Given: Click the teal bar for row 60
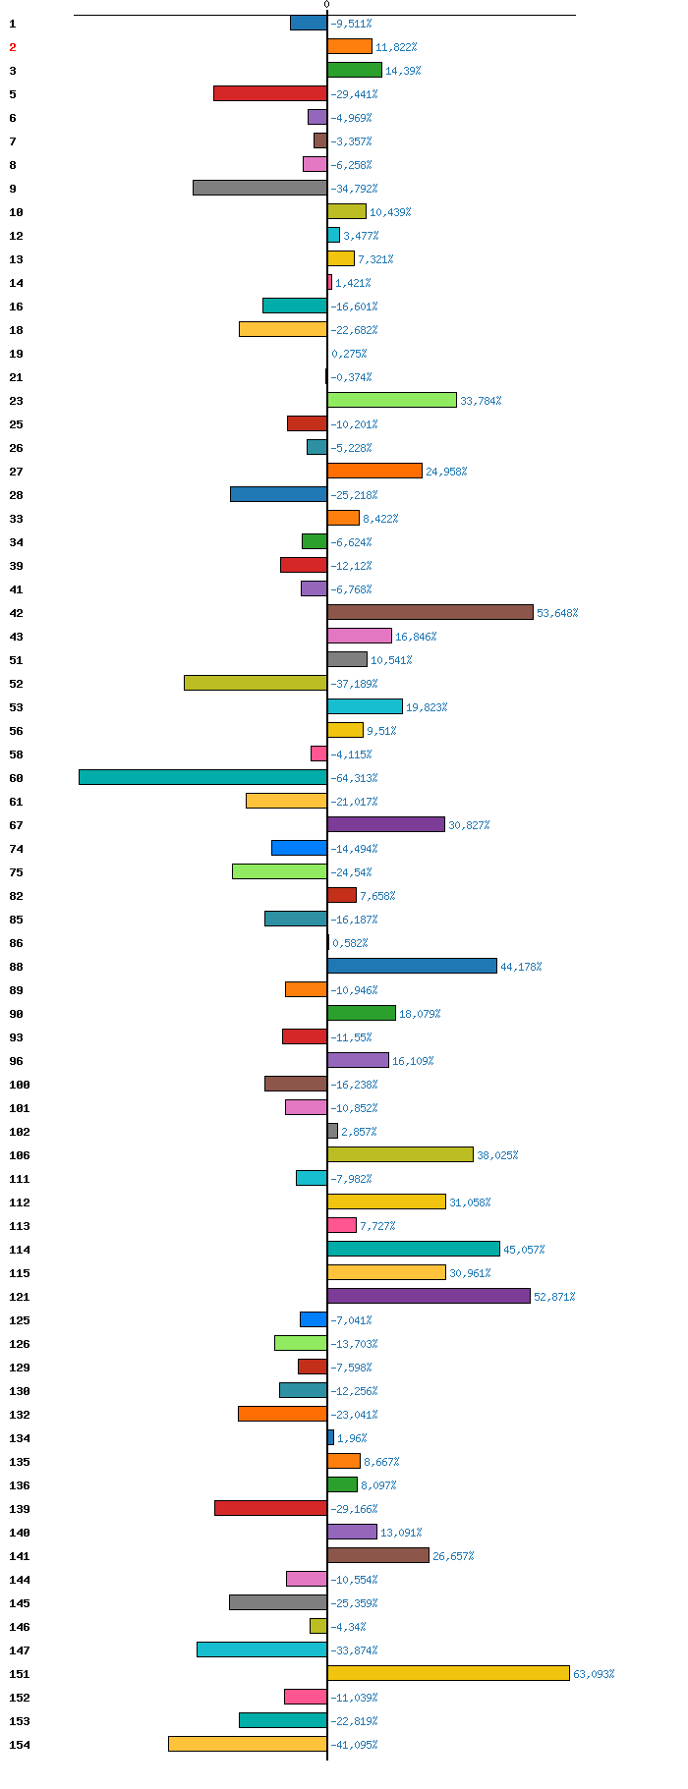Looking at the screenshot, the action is [x=202, y=777].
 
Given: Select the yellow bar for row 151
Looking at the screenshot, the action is [x=448, y=1673].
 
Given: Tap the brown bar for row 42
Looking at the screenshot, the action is [x=430, y=612].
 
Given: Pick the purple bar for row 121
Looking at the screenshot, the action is [x=429, y=1296].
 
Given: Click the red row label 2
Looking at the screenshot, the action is [x=13, y=47].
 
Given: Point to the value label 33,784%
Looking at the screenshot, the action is [x=481, y=401].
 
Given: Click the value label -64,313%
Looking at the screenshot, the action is [x=354, y=778].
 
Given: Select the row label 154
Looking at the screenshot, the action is [x=19, y=1745].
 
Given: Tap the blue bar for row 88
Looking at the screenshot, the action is [x=412, y=966].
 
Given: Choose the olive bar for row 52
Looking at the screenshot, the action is [x=256, y=683].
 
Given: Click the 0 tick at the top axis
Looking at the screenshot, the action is [x=327, y=5].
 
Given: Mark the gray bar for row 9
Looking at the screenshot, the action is [x=259, y=188].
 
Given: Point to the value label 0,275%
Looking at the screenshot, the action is [x=349, y=354].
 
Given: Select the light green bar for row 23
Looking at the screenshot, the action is [x=392, y=400].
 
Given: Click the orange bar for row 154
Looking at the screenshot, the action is [x=248, y=1744].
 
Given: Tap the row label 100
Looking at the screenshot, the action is [x=19, y=1085].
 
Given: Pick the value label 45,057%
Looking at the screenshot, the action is [x=524, y=1250].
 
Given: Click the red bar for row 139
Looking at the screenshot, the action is [x=270, y=1508].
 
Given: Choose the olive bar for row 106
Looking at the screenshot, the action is [x=400, y=1154].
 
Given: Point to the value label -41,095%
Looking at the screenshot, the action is [x=354, y=1745].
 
